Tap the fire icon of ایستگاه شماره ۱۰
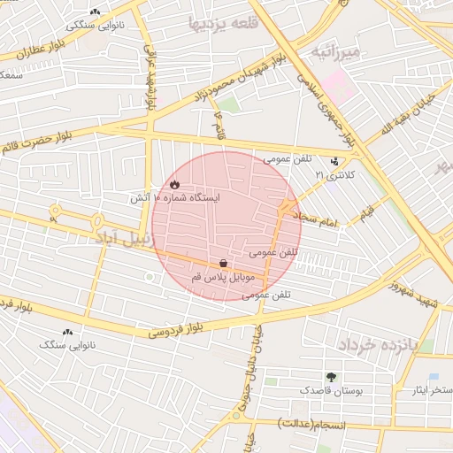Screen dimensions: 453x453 coord(174,185)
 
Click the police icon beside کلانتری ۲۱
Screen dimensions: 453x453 coord(334,162)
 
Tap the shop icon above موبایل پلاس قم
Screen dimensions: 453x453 coord(223,263)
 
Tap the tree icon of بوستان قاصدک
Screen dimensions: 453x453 coord(332,376)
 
